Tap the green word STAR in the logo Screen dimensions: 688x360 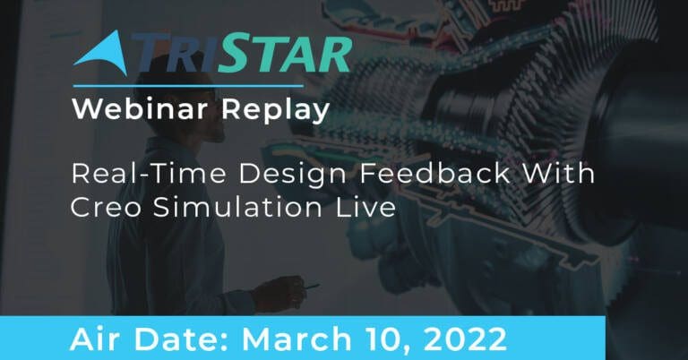[285, 55]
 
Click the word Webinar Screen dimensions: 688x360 [140, 108]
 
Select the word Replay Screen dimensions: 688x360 [276, 109]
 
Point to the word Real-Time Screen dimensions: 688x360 [149, 173]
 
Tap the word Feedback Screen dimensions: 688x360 [435, 173]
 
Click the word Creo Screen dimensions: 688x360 [106, 207]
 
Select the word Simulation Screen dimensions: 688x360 [237, 207]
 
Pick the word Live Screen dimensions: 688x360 [365, 207]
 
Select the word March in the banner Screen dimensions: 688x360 [297, 339]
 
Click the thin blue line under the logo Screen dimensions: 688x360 [188, 86]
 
